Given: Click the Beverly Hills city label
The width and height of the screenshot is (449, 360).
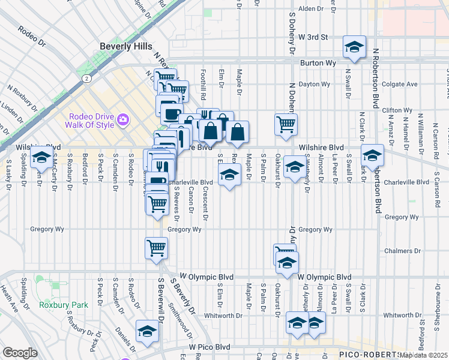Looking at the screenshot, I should pos(126,46).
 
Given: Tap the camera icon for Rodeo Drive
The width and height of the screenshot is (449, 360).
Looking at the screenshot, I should pos(123,119).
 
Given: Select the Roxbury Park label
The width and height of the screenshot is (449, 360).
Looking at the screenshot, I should pos(64,305).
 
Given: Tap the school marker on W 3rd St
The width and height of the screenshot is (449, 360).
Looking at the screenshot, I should pos(354,47).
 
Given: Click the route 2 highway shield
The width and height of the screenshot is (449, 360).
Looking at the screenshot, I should pos(87,78).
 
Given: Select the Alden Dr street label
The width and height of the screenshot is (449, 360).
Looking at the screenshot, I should pos(311,9).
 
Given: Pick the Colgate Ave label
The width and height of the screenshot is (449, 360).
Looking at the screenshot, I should pos(399,85).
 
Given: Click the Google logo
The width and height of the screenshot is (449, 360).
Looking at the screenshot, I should pos(20,353).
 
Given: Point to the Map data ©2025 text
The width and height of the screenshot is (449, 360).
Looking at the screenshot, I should pos(424,355).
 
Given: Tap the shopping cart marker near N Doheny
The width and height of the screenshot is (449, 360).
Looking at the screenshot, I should pos(286,124).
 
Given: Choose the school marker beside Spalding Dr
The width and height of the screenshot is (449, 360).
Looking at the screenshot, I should pos(41,159).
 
